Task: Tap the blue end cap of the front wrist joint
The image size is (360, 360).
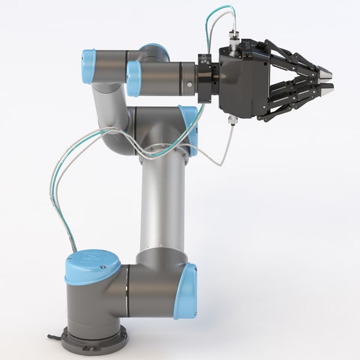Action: (134, 78)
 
